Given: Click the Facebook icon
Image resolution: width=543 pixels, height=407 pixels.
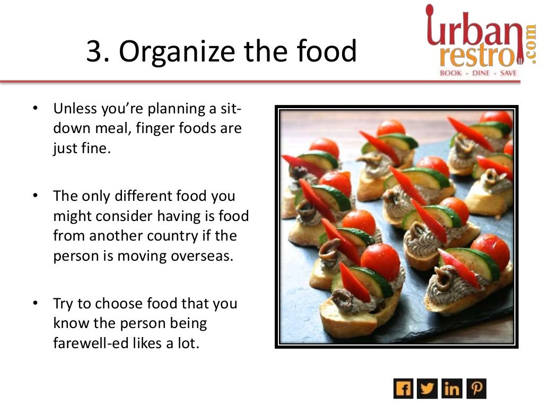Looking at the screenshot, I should [403, 388].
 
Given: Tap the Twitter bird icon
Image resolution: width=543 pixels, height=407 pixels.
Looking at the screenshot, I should [427, 388].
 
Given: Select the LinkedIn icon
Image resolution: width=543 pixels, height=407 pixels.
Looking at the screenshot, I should [452, 388].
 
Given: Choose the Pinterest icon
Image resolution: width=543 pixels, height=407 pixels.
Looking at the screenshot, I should [476, 388].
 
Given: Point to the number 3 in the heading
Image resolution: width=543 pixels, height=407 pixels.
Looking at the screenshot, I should [93, 52].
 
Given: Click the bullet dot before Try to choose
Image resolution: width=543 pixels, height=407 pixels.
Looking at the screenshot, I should [34, 304].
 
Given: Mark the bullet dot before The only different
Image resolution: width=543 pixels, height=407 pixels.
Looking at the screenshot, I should [34, 196].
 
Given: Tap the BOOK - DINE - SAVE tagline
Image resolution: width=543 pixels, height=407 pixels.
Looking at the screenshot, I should [478, 73].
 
